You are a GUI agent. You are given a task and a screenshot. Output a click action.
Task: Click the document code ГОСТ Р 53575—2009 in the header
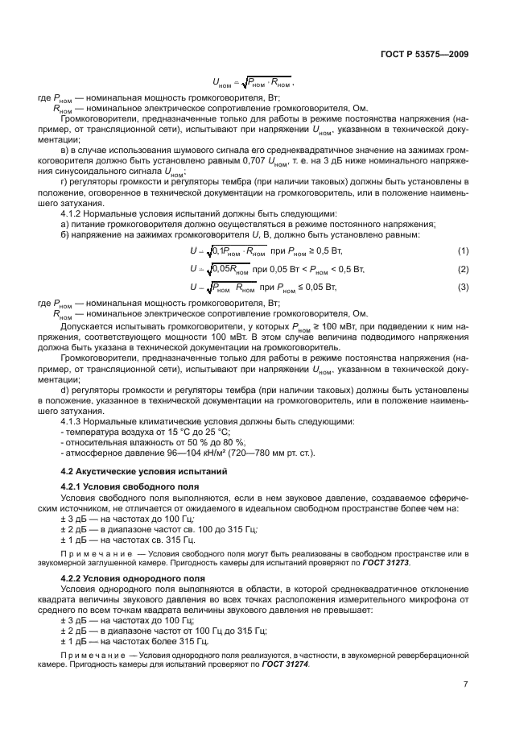(x=424, y=54)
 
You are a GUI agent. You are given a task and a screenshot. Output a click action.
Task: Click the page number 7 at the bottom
(x=465, y=685)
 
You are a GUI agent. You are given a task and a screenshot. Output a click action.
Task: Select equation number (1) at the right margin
(x=463, y=251)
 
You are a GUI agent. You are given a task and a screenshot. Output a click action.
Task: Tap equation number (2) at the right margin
(x=463, y=269)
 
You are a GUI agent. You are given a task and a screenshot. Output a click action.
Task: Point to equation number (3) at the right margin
(x=463, y=287)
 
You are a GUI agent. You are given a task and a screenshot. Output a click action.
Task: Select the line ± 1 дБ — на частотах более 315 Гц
(x=134, y=640)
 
